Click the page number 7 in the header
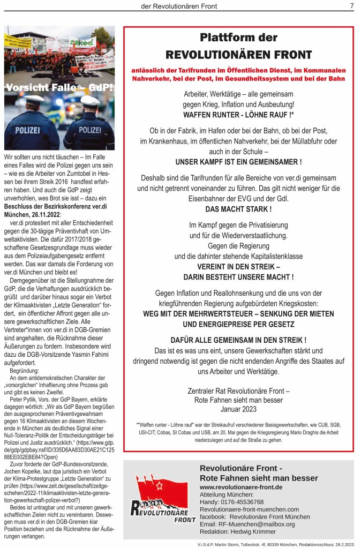pos(352,6)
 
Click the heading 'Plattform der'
pos(238,37)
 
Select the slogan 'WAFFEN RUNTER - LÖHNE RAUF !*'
pos(238,115)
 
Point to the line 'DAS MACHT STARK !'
pos(238,209)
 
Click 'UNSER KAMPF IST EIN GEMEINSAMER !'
pos(238,162)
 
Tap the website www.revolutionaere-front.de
pos(240,487)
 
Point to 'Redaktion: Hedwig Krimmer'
pos(238,531)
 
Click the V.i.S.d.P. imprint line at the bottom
pos(275,544)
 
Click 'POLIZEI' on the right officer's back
pos(89,130)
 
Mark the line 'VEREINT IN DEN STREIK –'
pos(238,266)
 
